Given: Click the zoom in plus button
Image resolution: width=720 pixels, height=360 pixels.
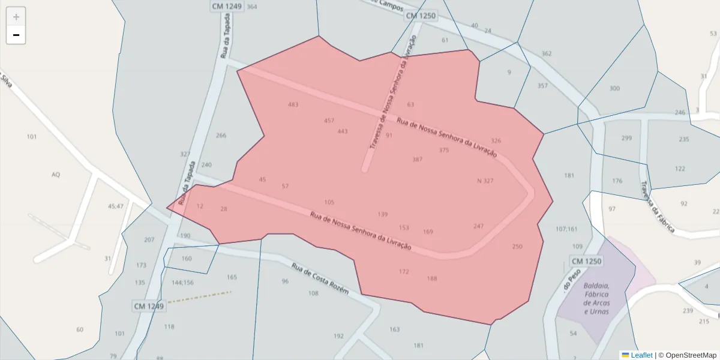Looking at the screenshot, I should point(16,17).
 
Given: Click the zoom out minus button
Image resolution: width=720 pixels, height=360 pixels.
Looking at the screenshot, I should point(16,35).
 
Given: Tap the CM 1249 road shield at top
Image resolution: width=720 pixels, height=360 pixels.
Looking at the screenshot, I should point(226,6).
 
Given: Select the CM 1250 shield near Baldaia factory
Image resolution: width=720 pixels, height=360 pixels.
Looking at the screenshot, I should point(586,262).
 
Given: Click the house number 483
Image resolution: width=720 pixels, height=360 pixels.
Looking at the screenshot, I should point(293,104).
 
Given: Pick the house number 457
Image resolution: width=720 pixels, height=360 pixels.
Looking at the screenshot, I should point(329,121).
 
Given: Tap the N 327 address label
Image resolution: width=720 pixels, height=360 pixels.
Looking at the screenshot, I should point(485,181).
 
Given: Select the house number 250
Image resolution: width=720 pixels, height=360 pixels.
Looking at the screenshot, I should point(517,247).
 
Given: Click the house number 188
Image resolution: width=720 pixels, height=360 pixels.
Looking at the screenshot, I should point(432,278).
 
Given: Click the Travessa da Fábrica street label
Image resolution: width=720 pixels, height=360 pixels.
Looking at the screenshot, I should point(657,206).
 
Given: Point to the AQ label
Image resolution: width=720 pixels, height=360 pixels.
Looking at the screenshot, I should point(56,175).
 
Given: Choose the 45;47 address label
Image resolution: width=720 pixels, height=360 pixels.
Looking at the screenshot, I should point(116,206).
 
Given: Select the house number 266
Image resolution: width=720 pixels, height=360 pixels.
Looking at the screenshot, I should point(221,135).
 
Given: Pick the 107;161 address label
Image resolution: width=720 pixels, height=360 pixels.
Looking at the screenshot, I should point(566,229).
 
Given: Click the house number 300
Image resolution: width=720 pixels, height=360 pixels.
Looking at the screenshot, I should point(614,89).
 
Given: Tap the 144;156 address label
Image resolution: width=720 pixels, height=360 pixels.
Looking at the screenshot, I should point(182,282).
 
